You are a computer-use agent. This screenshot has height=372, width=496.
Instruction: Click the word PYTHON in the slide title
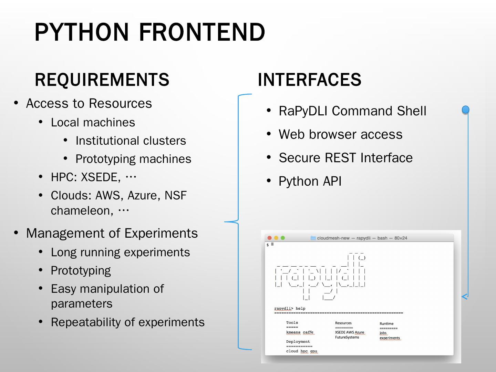(82, 32)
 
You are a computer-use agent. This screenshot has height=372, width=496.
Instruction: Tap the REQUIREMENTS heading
(102, 80)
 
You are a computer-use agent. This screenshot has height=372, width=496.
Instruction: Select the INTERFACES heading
(309, 80)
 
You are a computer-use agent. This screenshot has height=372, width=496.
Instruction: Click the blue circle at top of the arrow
(465, 110)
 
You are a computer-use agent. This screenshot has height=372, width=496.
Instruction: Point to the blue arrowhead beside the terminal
(465, 297)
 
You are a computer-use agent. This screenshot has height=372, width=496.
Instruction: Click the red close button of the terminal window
(270, 238)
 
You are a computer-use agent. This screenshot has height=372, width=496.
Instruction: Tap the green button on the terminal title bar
(283, 238)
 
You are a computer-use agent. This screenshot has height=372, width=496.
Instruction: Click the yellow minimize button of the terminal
(276, 238)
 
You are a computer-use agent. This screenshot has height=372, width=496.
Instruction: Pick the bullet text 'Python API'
(310, 181)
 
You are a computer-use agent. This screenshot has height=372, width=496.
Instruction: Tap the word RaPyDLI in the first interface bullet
(303, 111)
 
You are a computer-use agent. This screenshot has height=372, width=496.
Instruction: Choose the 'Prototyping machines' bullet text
(133, 159)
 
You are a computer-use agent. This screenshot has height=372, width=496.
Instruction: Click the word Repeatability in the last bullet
(86, 322)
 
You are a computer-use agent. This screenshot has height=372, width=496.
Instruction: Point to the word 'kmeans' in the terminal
(293, 332)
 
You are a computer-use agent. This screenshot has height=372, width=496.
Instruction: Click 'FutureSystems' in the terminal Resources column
(347, 337)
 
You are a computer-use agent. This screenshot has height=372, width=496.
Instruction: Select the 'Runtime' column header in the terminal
(386, 324)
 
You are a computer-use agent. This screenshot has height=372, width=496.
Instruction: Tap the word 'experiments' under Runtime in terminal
(390, 338)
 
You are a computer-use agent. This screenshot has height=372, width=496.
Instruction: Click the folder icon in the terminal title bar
(313, 238)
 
